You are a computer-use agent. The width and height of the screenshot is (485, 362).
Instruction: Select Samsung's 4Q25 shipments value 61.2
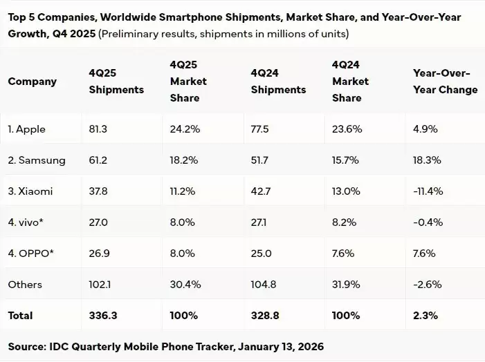[98, 160]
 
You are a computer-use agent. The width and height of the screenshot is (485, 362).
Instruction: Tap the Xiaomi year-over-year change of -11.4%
[428, 191]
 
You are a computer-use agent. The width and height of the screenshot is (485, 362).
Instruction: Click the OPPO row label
[31, 254]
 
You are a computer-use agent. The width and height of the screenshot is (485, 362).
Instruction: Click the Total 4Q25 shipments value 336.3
[102, 316]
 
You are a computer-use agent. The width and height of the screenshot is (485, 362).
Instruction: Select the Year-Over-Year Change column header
[445, 82]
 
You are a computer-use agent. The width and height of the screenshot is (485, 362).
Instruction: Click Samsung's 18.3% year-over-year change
[425, 160]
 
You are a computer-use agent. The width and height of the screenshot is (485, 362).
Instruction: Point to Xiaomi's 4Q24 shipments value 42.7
[261, 191]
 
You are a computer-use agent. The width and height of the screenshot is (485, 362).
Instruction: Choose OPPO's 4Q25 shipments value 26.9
[99, 254]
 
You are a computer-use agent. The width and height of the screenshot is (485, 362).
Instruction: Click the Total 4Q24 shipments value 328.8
[264, 316]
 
